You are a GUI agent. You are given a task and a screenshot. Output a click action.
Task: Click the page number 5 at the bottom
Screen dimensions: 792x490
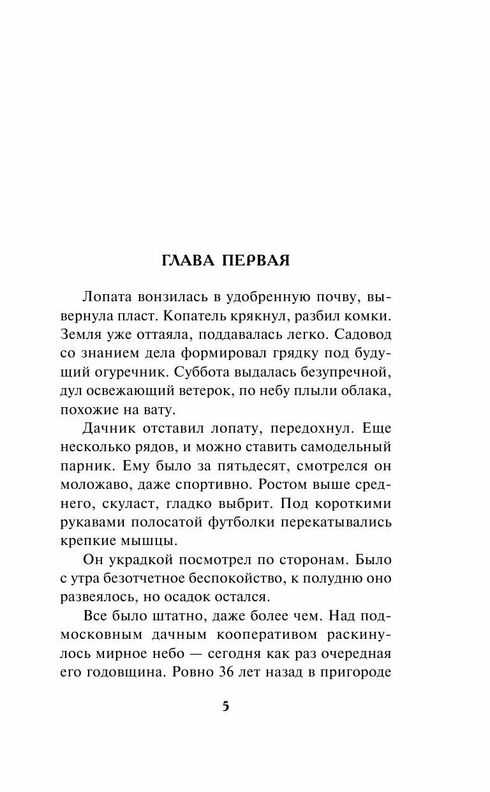pyautogui.click(x=225, y=706)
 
